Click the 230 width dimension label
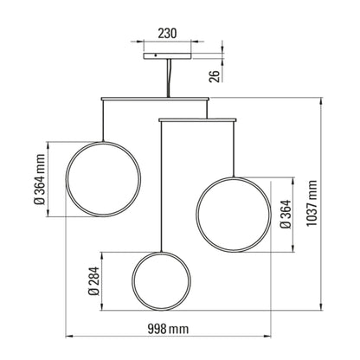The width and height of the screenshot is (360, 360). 167,34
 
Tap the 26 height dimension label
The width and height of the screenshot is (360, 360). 215,75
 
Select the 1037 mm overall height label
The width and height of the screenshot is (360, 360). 312,203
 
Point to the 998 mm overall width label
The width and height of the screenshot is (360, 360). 168,329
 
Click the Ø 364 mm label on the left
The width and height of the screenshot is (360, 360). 40,179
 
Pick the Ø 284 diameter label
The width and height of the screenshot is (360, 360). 93,281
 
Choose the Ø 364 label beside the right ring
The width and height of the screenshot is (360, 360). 286,214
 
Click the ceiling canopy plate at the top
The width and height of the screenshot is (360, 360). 167,56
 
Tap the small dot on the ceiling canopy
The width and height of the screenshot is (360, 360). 155,55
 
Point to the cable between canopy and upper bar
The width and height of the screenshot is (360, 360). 169,79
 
